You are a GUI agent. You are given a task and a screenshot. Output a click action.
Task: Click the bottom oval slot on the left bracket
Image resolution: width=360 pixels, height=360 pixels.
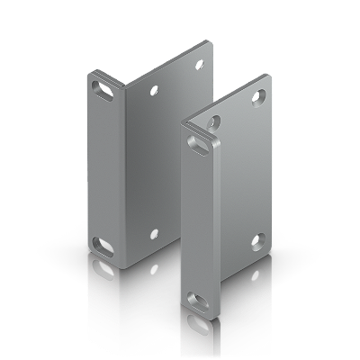point(103,243)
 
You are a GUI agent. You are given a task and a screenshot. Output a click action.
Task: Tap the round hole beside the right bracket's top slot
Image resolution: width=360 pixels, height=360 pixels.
point(214,119)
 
